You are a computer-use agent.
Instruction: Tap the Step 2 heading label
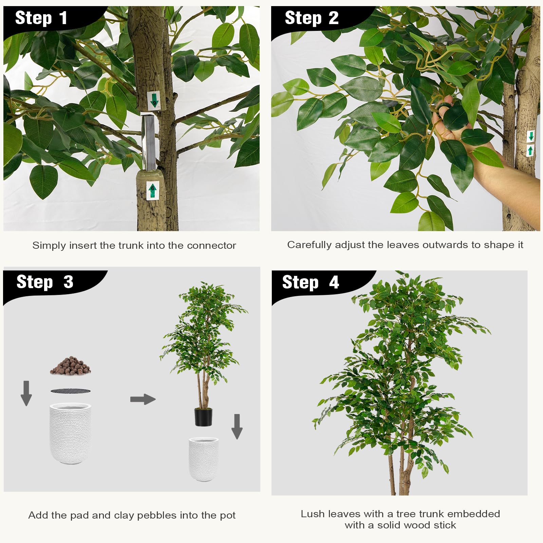[x=311, y=18]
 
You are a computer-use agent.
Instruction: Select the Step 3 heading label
[x=45, y=282]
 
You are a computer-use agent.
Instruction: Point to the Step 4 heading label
[x=310, y=282]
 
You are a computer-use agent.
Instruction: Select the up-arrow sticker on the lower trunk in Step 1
[x=152, y=190]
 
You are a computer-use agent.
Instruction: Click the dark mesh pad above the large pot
[x=71, y=391]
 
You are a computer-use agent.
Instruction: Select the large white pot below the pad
[x=70, y=433]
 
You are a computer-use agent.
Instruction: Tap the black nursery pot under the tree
[x=203, y=417]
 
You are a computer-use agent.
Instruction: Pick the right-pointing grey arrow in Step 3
[x=143, y=399]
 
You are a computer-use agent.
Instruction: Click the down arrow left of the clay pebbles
[x=26, y=393]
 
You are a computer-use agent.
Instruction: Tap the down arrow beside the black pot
[x=237, y=426]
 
